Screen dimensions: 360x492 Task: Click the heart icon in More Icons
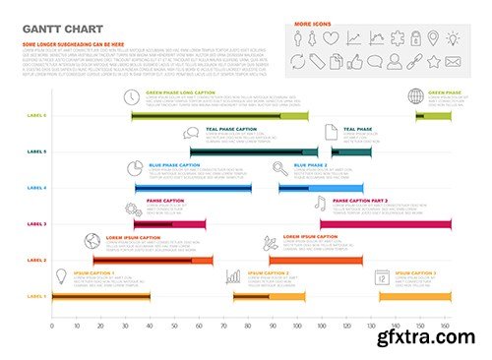(x=332, y=38)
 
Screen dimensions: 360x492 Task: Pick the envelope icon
(x=453, y=62)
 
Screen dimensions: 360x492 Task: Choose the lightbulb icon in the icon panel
(x=453, y=38)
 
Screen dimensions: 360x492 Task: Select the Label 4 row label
(x=36, y=188)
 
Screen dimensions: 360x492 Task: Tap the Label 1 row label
(x=36, y=296)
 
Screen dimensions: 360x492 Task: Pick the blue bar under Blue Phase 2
(x=335, y=188)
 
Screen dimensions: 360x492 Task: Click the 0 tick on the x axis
(x=52, y=326)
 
